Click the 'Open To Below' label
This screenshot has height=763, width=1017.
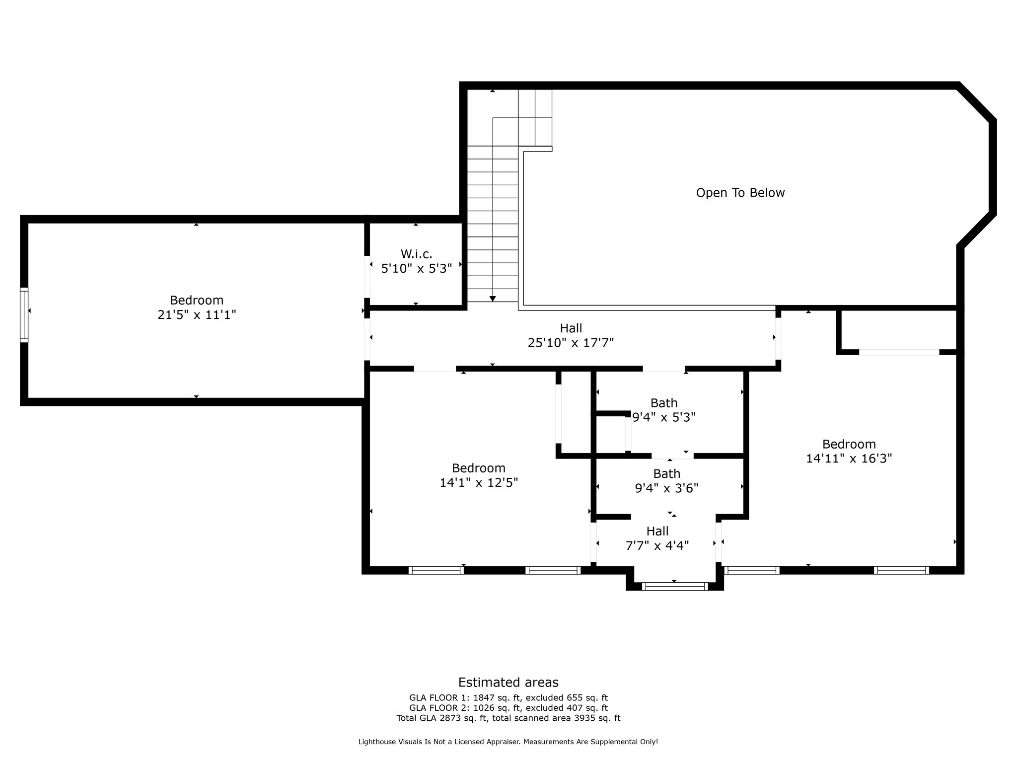click(740, 193)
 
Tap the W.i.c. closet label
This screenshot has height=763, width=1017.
click(417, 254)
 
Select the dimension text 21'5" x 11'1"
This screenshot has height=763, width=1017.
click(197, 314)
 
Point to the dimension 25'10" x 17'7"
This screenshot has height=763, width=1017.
click(571, 342)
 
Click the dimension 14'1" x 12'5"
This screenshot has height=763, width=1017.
click(479, 482)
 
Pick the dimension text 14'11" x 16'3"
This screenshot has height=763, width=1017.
click(849, 458)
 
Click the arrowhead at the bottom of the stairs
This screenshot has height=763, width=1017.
click(493, 299)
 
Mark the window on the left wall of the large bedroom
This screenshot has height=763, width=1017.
click(24, 315)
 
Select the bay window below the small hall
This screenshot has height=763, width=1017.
click(675, 587)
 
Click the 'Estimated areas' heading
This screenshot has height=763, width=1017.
click(508, 682)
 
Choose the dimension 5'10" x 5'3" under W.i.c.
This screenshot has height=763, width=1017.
click(417, 268)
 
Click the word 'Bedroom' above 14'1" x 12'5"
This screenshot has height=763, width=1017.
click(479, 468)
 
